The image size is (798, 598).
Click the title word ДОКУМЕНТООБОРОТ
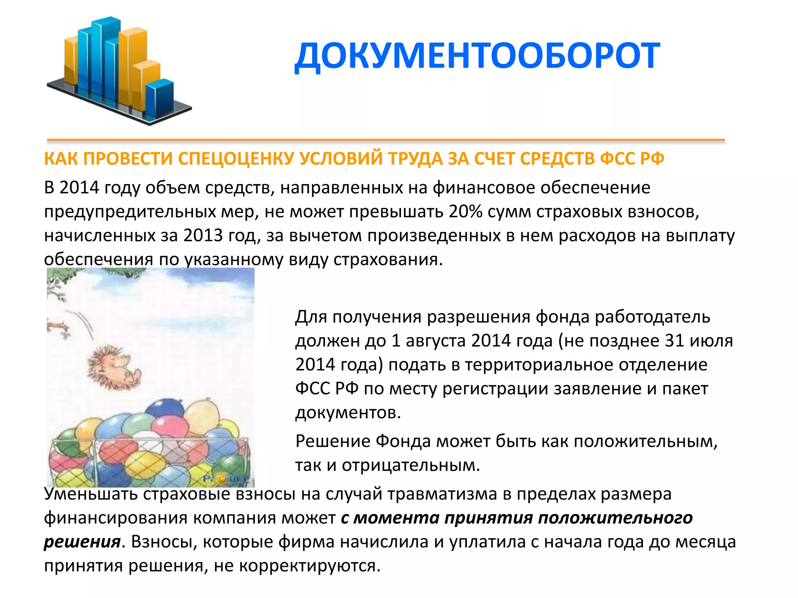477,56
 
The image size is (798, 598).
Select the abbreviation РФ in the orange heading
651,159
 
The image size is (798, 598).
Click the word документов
348,413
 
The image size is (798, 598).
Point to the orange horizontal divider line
386,140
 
